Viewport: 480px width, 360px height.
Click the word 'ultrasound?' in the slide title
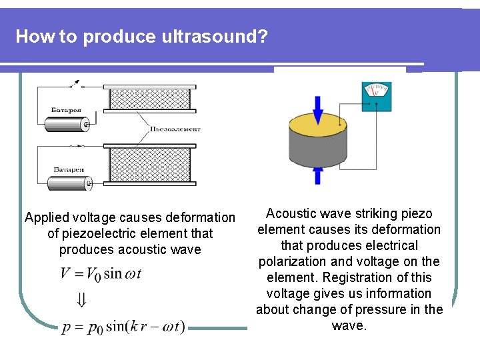(214, 36)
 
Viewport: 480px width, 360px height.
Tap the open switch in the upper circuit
(75, 85)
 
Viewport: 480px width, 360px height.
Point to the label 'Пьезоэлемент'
(175, 129)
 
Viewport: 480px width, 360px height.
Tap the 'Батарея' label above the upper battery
(67, 109)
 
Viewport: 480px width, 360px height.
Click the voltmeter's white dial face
(377, 90)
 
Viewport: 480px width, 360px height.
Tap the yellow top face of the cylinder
(317, 125)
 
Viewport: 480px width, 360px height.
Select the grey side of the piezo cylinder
(317, 150)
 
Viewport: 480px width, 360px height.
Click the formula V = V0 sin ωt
(101, 273)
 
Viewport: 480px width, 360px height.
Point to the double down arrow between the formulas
(81, 301)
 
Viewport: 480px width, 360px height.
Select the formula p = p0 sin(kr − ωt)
(123, 327)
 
